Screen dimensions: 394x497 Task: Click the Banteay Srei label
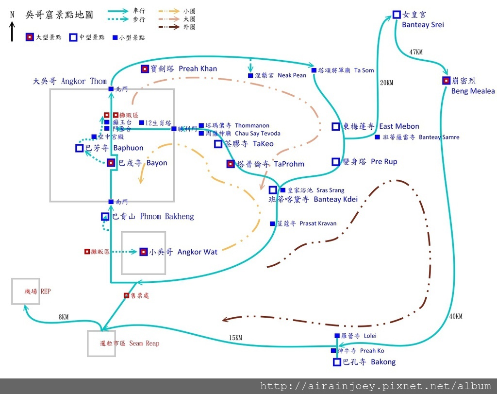pyautogui.click(x=423, y=25)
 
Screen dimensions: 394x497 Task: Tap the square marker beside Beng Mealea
pyautogui.click(x=446, y=81)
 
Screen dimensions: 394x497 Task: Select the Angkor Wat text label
pyautogui.click(x=197, y=252)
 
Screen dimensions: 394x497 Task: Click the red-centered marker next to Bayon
pyautogui.click(x=111, y=163)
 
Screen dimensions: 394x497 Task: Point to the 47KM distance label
pyautogui.click(x=416, y=52)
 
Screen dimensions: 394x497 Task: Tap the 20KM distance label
pyautogui.click(x=386, y=83)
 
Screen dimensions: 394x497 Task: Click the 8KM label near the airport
pyautogui.click(x=63, y=317)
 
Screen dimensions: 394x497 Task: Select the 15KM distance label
pyautogui.click(x=235, y=338)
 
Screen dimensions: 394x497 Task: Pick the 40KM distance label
pyautogui.click(x=456, y=316)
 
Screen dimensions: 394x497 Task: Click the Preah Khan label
pyautogui.click(x=198, y=69)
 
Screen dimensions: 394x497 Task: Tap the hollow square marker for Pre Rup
pyautogui.click(x=335, y=161)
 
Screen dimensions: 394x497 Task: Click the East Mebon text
pyautogui.click(x=399, y=126)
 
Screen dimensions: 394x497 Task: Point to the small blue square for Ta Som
pyautogui.click(x=314, y=70)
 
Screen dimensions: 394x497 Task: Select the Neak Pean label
pyautogui.click(x=292, y=75)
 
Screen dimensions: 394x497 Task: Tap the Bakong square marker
pyautogui.click(x=337, y=362)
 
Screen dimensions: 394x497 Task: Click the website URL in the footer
pyautogui.click(x=376, y=386)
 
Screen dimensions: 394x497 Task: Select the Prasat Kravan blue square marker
pyautogui.click(x=272, y=223)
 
